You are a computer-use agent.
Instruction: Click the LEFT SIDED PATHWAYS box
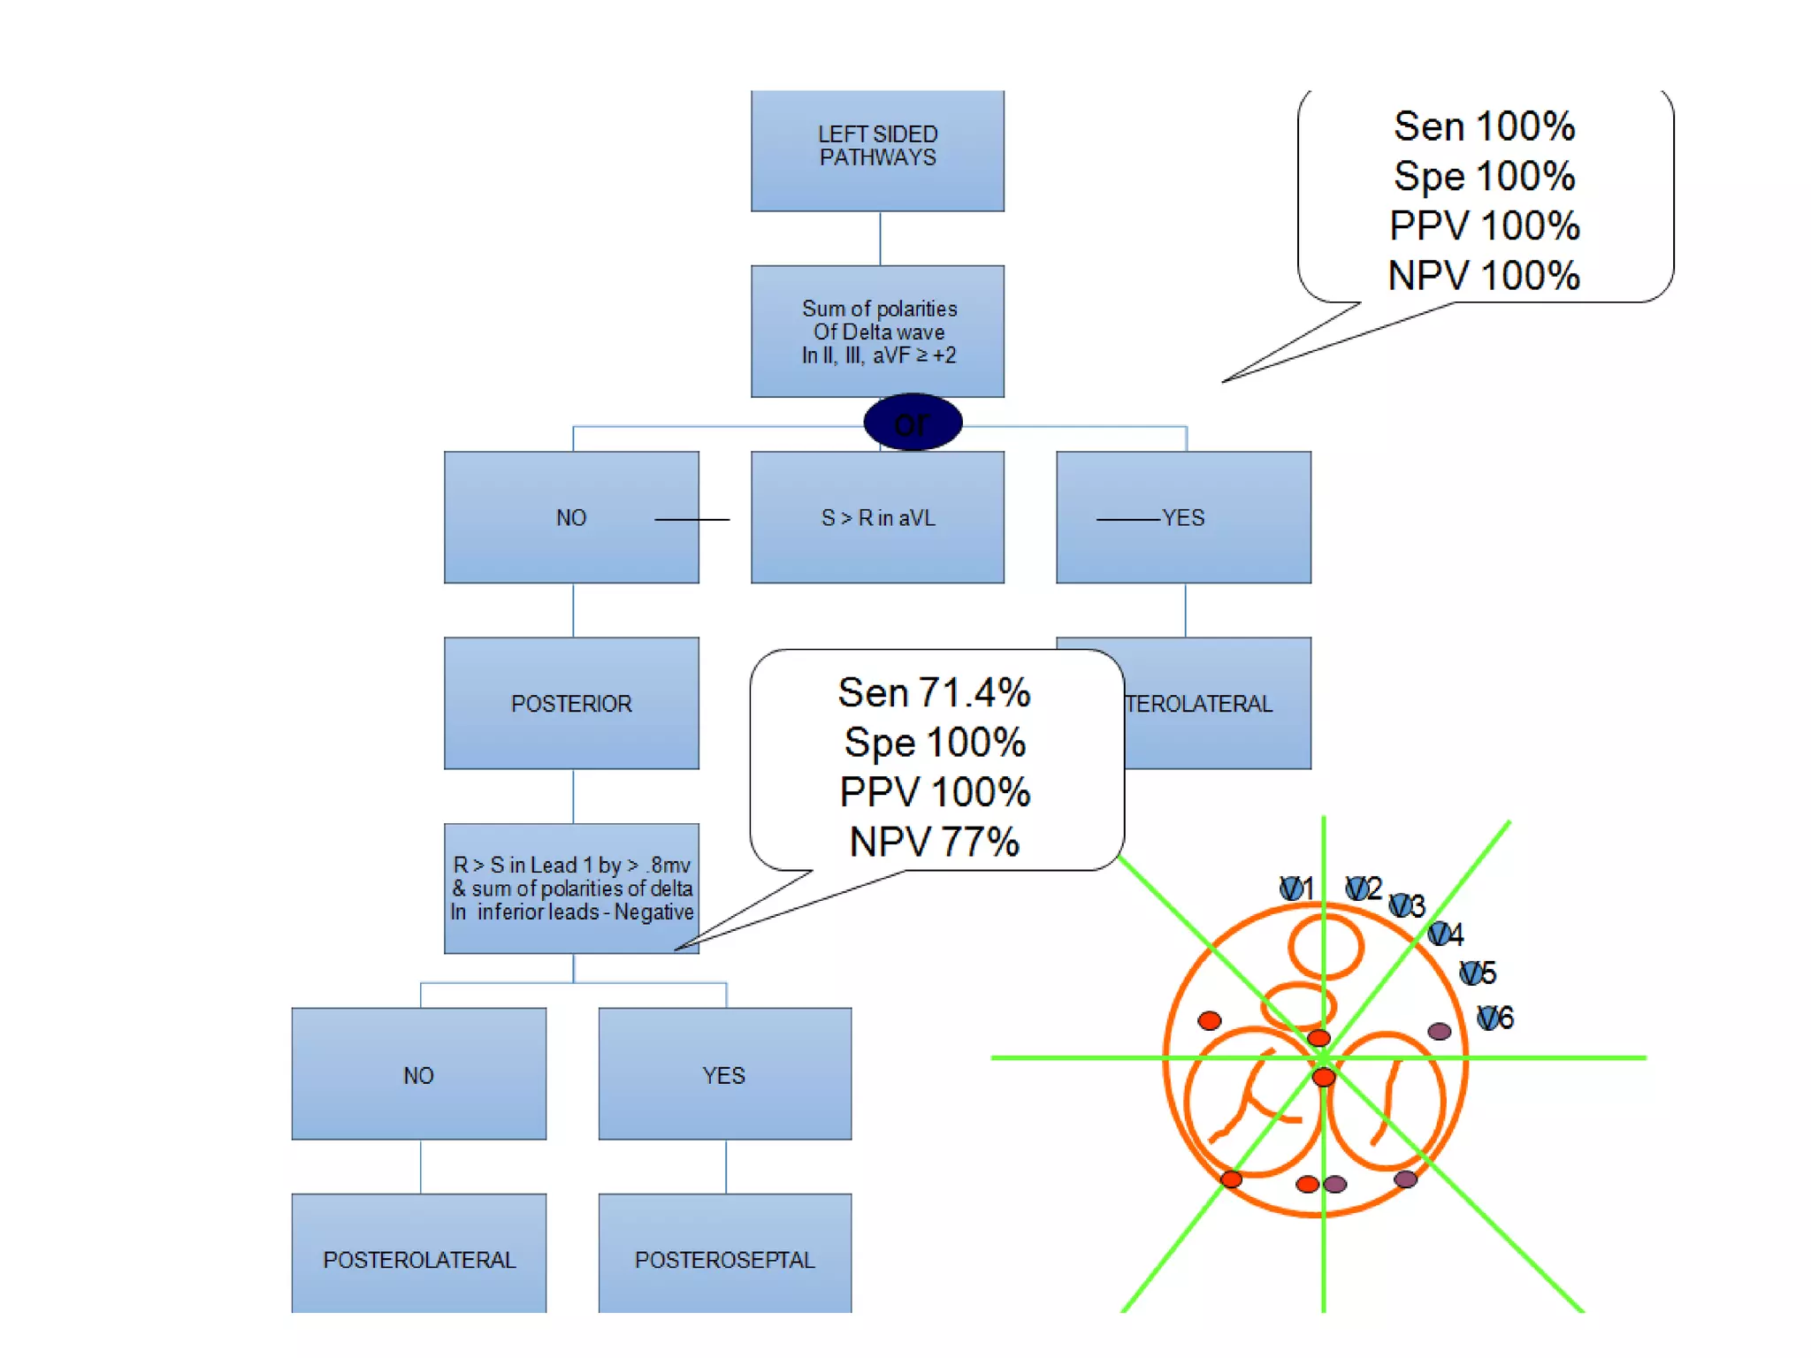tap(877, 150)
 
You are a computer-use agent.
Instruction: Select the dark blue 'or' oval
tap(913, 423)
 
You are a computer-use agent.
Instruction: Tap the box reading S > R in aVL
tap(877, 517)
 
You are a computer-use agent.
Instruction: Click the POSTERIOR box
tap(571, 703)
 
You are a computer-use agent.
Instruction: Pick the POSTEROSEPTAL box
tap(724, 1258)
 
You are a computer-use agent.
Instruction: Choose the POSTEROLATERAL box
tap(418, 1258)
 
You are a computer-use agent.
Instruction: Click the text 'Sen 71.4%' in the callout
tap(934, 692)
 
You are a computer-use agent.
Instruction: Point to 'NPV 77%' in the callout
tap(934, 841)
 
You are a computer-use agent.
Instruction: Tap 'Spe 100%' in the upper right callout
tap(1484, 176)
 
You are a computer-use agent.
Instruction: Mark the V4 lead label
tap(1446, 934)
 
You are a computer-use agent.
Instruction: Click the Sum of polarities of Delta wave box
tap(877, 332)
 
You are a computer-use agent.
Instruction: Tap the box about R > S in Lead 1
tap(571, 888)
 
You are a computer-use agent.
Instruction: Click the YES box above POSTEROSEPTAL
tap(724, 1074)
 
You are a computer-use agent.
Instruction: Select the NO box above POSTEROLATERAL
tap(418, 1074)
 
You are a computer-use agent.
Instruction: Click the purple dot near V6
tap(1439, 1031)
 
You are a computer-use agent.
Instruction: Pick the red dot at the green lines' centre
tap(1323, 1077)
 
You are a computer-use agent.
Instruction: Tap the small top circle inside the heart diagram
tap(1326, 946)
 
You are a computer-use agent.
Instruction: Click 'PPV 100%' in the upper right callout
tap(1484, 225)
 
